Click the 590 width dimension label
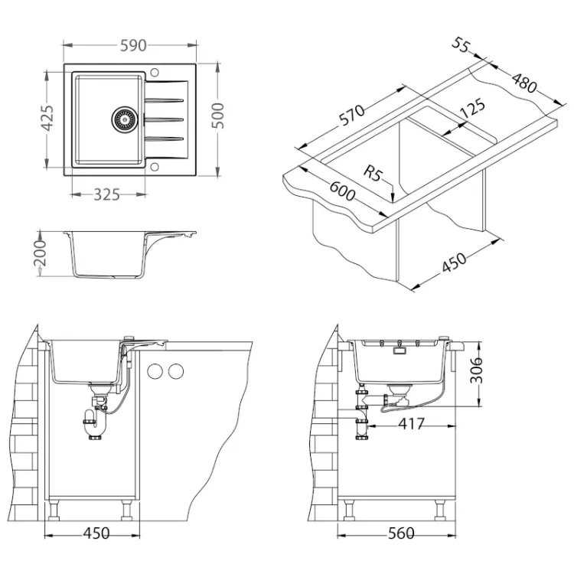133,45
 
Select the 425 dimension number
47,118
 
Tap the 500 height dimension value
217,116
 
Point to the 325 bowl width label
106,194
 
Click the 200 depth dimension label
40,253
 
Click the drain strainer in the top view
125,119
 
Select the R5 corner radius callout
372,172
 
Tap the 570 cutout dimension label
352,116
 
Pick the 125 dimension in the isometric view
472,107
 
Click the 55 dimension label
461,44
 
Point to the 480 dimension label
524,83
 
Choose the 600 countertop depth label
342,191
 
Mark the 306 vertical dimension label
476,370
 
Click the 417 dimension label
411,424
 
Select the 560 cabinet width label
401,533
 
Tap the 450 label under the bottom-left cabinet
96,533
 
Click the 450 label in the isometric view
455,263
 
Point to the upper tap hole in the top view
154,72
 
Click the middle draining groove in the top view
164,119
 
